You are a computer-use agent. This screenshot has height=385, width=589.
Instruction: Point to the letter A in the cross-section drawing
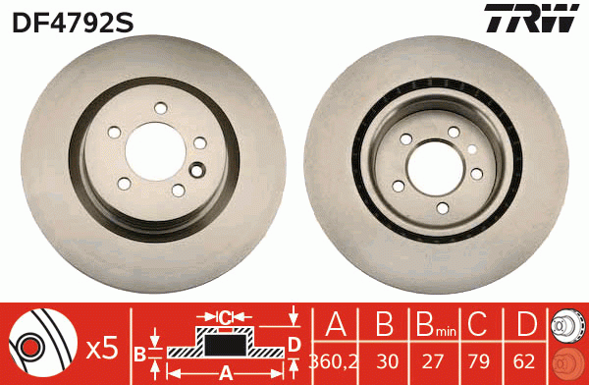click(x=227, y=373)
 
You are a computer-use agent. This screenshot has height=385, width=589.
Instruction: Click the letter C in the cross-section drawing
click(x=225, y=317)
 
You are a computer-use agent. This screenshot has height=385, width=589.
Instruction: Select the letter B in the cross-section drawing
click(x=139, y=351)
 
